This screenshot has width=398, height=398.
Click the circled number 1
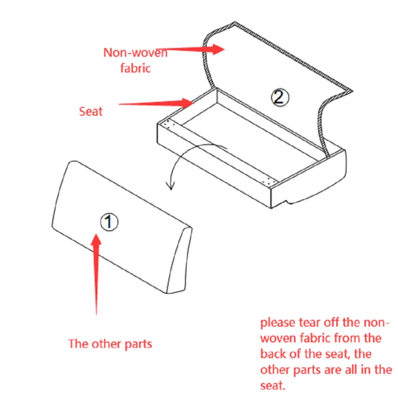(x=109, y=222)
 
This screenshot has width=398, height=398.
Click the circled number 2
(x=279, y=97)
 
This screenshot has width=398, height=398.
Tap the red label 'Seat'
(x=91, y=111)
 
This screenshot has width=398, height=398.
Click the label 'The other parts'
(x=110, y=344)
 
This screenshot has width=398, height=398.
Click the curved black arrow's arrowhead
(x=169, y=185)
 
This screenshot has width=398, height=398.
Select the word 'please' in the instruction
(x=278, y=322)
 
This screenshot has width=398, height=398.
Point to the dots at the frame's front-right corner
(x=270, y=181)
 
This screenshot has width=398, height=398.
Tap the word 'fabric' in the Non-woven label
(x=135, y=67)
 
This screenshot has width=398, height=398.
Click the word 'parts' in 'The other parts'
(x=138, y=344)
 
